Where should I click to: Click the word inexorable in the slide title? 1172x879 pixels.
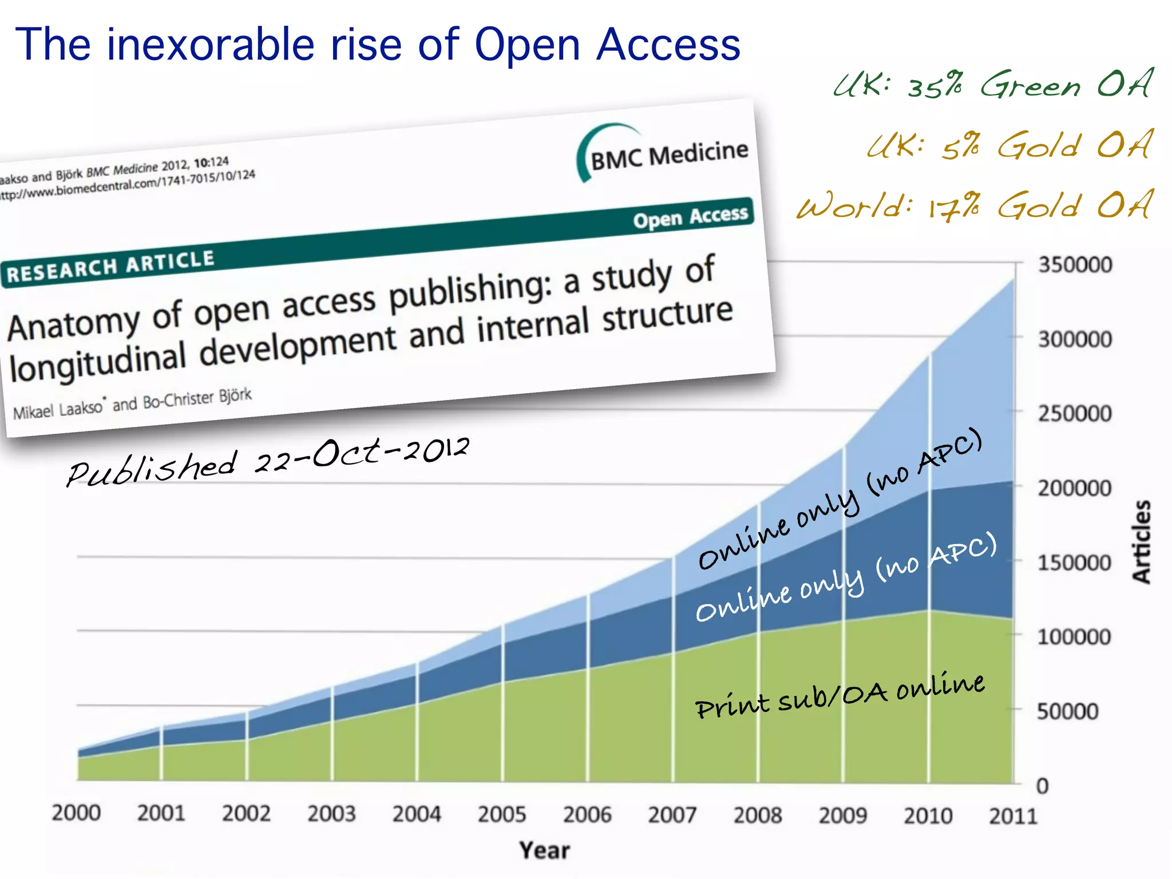[x=211, y=45]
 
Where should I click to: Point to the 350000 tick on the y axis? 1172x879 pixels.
[x=1075, y=265]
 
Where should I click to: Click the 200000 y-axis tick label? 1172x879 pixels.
[x=1075, y=488]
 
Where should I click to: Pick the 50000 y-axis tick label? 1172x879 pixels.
[x=1068, y=711]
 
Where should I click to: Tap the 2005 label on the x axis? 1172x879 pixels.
[x=502, y=814]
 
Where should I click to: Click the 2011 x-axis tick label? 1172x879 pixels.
[x=1013, y=815]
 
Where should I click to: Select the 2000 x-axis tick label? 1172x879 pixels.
[x=76, y=813]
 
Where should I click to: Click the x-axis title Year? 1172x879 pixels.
[x=544, y=850]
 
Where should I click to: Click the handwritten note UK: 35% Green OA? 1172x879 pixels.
[x=993, y=85]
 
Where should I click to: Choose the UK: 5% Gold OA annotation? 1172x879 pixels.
[x=1009, y=145]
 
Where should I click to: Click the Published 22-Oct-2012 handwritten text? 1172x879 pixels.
[x=268, y=462]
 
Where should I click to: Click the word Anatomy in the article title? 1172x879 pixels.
[x=73, y=323]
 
